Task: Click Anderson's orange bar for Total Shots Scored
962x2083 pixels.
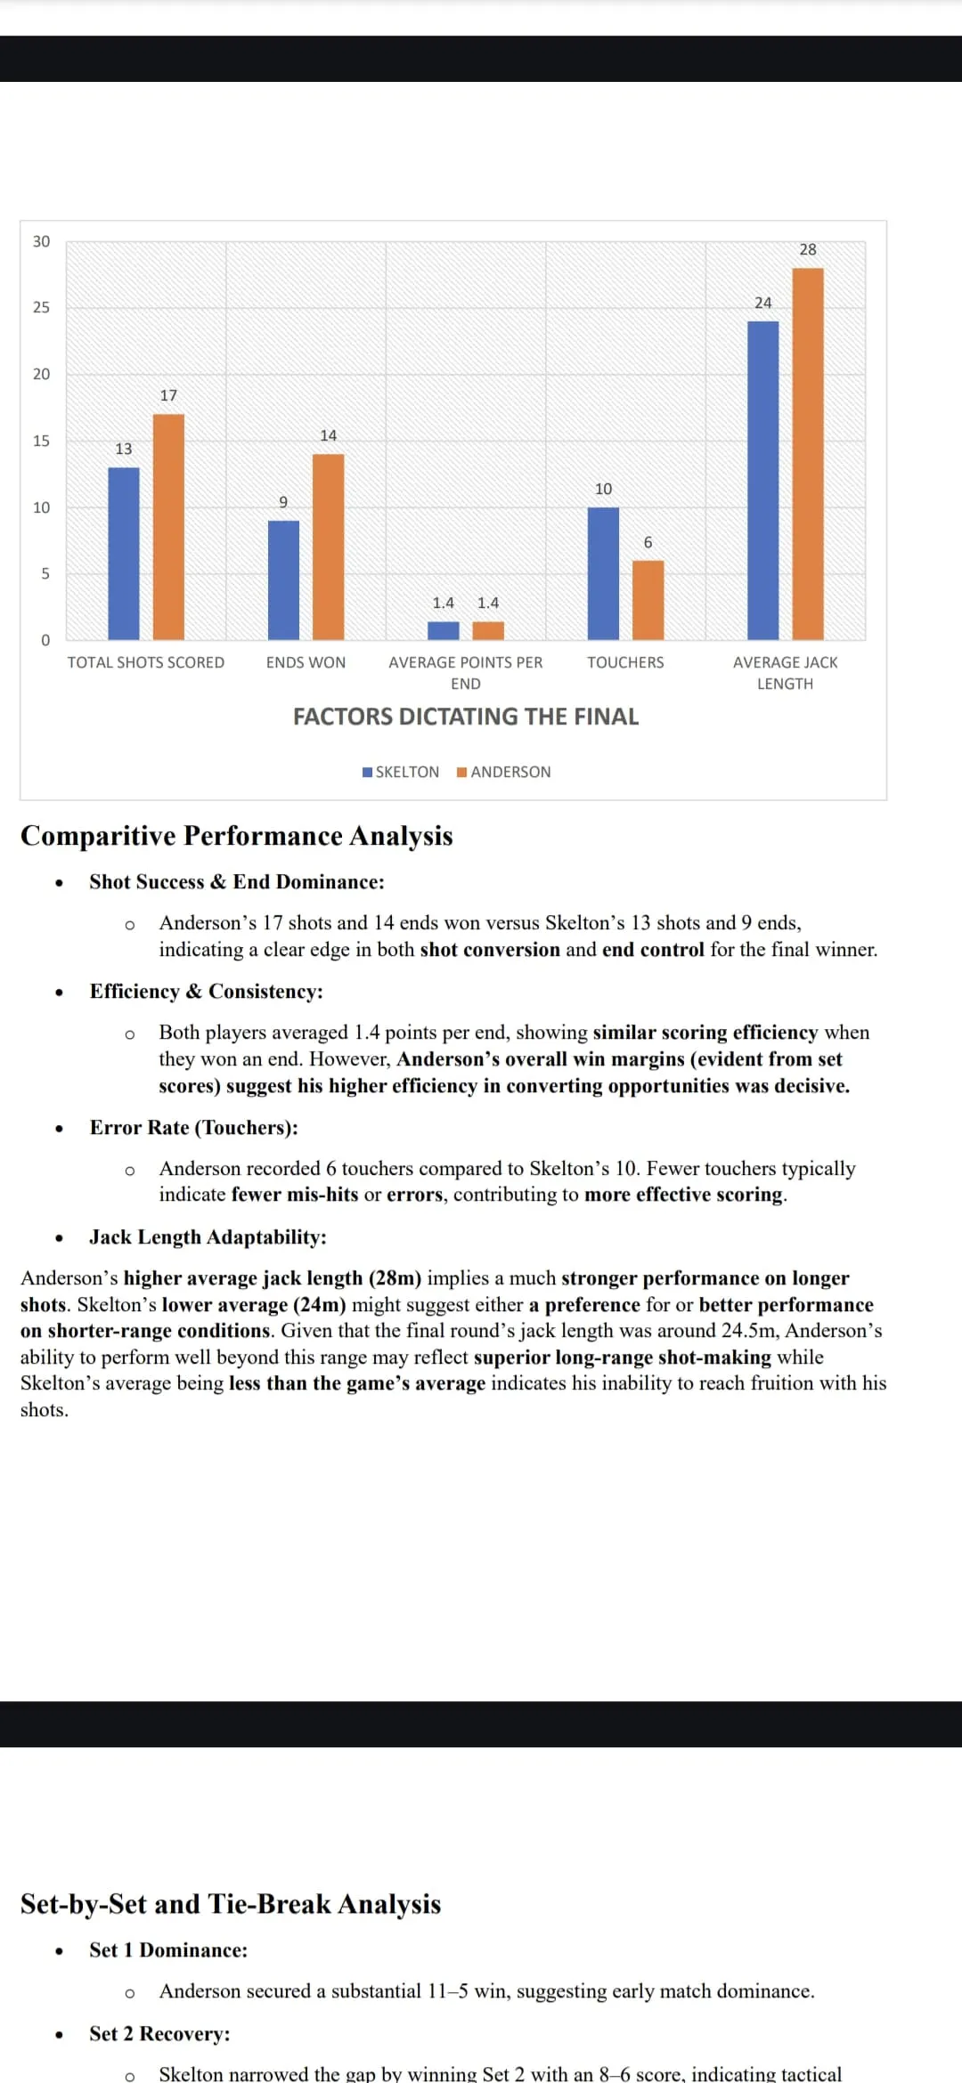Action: tap(168, 527)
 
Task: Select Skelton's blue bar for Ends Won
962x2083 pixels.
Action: tap(283, 580)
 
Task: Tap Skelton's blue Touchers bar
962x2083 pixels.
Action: tap(603, 573)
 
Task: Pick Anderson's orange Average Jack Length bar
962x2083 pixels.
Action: tap(807, 454)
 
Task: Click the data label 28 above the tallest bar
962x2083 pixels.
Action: tap(807, 250)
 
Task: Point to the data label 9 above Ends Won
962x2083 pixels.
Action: tap(283, 503)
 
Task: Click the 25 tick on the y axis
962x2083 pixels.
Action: tap(41, 308)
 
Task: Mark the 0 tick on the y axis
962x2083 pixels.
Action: tap(45, 641)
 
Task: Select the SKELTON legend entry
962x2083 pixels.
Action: tap(401, 772)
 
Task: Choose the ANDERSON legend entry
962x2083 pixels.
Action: tap(504, 772)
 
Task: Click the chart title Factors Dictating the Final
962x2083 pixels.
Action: tap(466, 717)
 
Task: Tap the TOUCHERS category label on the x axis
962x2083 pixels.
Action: tap(625, 662)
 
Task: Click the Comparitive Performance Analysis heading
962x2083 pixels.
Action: tap(237, 836)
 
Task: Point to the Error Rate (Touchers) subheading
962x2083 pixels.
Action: tap(193, 1128)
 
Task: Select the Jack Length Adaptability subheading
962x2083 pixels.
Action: tap(208, 1237)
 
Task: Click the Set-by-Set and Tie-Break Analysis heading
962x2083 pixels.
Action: tap(231, 1904)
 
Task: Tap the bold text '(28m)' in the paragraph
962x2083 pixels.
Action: tap(395, 1278)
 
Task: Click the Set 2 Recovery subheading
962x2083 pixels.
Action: tap(159, 2034)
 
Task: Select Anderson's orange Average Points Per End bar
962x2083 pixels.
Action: tap(488, 631)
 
